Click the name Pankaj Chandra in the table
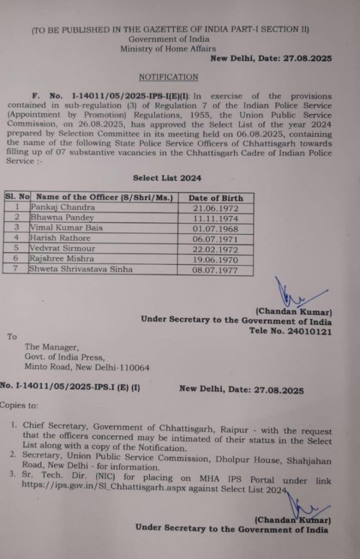pyautogui.click(x=63, y=207)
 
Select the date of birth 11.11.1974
pyautogui.click(x=215, y=218)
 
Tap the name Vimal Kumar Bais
pyautogui.click(x=67, y=228)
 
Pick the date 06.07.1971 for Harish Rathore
pyautogui.click(x=215, y=239)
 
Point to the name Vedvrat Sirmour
pyautogui.click(x=63, y=248)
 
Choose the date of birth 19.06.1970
pyautogui.click(x=215, y=259)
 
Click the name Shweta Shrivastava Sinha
pyautogui.click(x=81, y=269)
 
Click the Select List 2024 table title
pyautogui.click(x=167, y=178)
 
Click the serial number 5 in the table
pyautogui.click(x=17, y=248)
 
